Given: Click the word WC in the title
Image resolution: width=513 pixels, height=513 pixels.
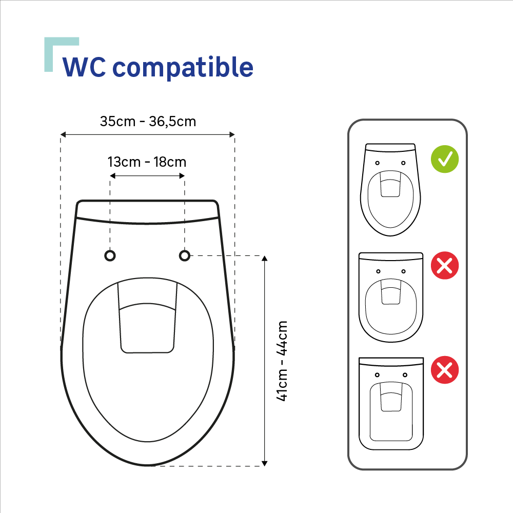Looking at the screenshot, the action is coord(84,67).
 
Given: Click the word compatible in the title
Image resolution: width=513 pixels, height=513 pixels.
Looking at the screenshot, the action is coord(183,67).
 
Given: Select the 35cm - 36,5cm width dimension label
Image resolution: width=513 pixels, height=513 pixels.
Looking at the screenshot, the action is coord(148,122).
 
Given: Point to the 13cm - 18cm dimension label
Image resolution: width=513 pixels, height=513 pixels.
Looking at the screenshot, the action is coord(147,162).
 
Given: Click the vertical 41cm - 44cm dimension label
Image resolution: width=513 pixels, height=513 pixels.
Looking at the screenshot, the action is coord(282,361).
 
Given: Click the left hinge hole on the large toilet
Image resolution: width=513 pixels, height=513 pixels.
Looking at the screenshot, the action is coord(110,255).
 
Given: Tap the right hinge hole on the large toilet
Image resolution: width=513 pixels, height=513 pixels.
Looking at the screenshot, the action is coord(185,255).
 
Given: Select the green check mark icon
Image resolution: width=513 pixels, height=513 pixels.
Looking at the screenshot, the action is coord(445,159).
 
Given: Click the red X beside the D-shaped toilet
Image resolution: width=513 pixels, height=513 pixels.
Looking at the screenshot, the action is coord(445,265).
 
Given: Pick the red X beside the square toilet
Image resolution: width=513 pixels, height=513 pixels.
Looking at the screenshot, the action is coord(445,370).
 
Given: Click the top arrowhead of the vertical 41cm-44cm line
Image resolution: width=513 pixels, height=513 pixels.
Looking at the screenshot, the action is coord(265,258).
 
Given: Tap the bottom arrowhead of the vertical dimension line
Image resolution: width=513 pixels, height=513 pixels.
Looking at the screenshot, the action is coord(265,464).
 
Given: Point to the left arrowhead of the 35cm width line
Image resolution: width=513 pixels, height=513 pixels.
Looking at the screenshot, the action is coord(63,134).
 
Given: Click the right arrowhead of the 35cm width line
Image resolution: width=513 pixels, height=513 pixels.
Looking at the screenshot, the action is coord(232,134).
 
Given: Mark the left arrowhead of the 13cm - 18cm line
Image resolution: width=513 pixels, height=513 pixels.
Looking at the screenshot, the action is coord(112,176).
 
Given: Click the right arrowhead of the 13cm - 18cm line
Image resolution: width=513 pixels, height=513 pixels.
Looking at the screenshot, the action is coord(182,176).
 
